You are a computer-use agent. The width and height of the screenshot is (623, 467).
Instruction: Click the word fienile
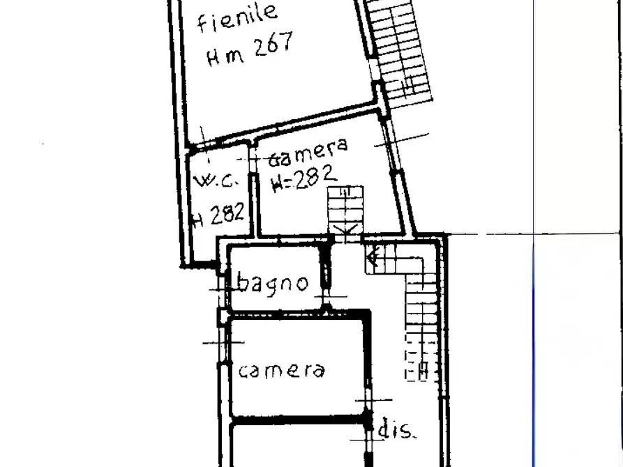click(x=237, y=19)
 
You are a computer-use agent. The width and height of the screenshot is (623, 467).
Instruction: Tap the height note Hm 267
click(x=249, y=49)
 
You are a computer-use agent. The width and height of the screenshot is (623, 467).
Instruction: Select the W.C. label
click(x=217, y=182)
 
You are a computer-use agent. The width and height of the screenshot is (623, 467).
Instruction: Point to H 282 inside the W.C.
click(x=218, y=214)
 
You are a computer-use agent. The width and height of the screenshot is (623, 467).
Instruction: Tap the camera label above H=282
click(x=308, y=151)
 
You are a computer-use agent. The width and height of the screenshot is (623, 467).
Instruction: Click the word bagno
click(x=272, y=283)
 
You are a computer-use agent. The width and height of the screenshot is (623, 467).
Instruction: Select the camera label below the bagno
click(x=281, y=369)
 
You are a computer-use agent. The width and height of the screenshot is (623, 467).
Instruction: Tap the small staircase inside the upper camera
click(x=345, y=209)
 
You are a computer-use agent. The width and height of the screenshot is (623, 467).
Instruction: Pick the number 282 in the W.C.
click(x=226, y=213)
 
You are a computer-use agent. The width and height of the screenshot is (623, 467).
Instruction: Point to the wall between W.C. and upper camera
click(x=253, y=188)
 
